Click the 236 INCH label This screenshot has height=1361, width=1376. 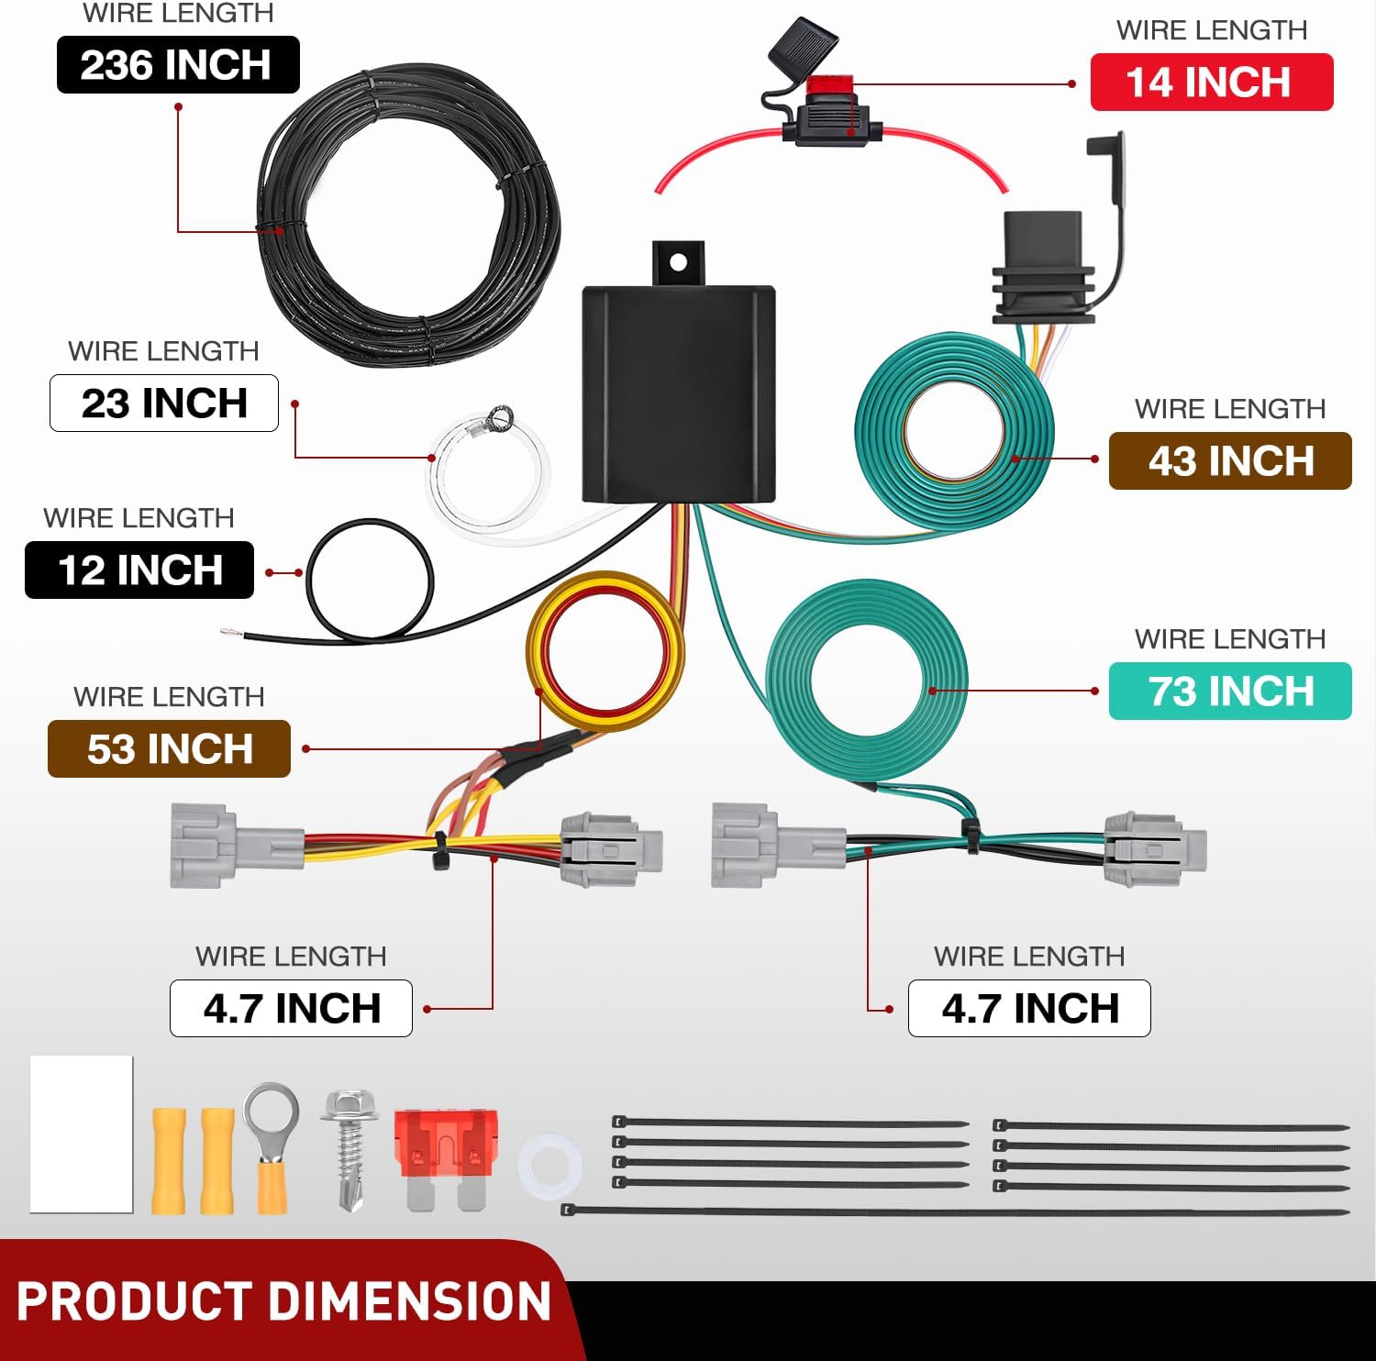(x=178, y=64)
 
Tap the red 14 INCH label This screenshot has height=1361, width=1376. (x=1211, y=82)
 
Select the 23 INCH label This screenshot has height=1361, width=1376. (x=164, y=403)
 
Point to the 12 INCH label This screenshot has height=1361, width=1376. (x=139, y=570)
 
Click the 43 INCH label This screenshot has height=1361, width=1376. (x=1230, y=460)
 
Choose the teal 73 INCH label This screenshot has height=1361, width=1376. (x=1230, y=691)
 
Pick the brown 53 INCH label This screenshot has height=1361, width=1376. (x=169, y=748)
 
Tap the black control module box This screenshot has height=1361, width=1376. (x=679, y=394)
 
